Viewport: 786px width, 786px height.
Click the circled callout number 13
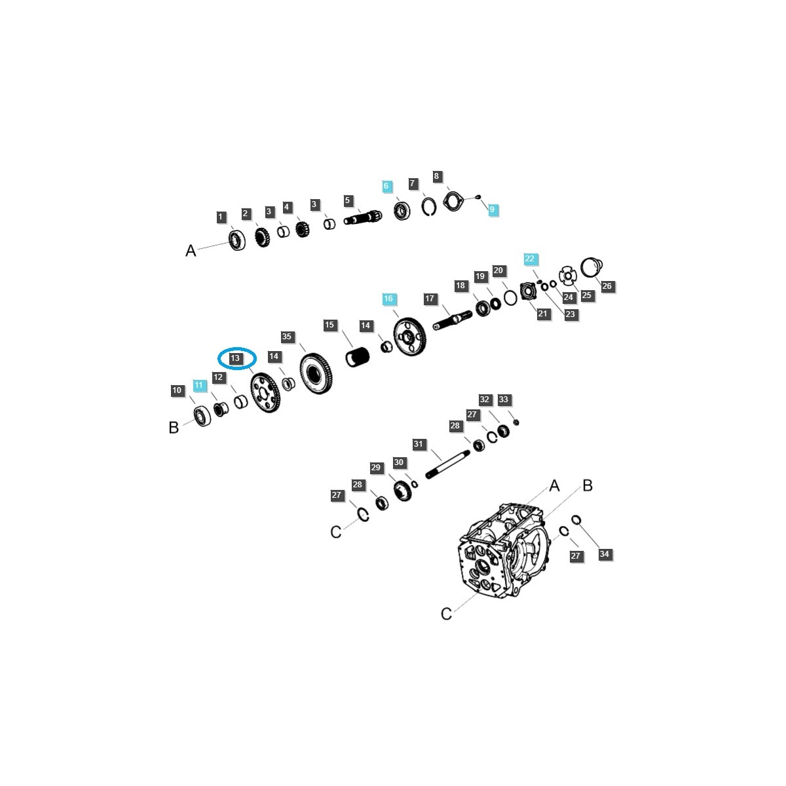pos(235,358)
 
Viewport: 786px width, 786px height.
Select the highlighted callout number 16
pos(388,299)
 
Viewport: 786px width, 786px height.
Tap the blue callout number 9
pos(492,209)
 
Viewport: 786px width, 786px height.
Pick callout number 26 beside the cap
pos(607,286)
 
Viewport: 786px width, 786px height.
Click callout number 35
pos(287,337)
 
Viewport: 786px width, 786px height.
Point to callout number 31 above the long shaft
pos(418,444)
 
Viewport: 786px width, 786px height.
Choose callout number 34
pos(604,554)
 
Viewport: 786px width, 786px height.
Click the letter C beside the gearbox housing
pos(446,614)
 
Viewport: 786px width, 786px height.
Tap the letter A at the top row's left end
pos(191,250)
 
